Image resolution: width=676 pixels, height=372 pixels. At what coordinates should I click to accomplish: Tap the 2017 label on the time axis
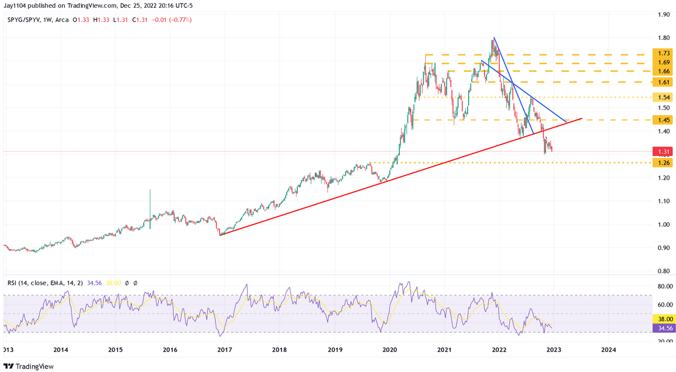(x=224, y=350)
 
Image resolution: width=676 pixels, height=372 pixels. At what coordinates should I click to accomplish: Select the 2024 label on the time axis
(x=608, y=350)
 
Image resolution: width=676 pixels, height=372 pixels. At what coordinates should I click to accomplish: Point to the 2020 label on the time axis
(x=389, y=350)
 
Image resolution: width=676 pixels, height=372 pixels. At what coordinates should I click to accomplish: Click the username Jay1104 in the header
(x=16, y=5)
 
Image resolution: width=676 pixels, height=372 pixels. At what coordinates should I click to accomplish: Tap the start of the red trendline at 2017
(x=221, y=235)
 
